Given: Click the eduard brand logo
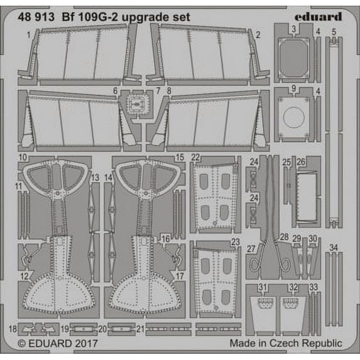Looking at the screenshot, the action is [318, 16].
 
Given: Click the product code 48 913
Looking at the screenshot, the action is [36, 17].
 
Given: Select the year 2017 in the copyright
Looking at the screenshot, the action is [85, 344].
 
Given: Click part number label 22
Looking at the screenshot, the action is [195, 158].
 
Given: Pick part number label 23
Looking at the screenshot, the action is [236, 242].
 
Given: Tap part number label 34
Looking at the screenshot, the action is [334, 248].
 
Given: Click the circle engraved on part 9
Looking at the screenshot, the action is [294, 117].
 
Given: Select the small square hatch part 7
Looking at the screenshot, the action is [136, 104].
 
